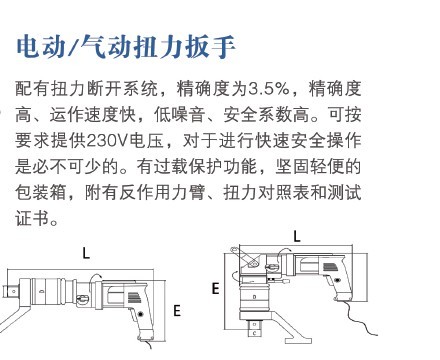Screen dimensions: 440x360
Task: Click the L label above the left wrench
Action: [x=86, y=253]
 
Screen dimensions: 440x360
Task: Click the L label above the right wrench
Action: [x=297, y=236]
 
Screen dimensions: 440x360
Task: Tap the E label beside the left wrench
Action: [x=177, y=311]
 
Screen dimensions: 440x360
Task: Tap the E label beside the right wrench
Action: [x=216, y=288]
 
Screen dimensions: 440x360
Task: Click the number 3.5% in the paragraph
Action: [x=269, y=89]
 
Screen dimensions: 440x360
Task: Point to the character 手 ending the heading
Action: [x=224, y=46]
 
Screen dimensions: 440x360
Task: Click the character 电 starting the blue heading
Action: [x=28, y=46]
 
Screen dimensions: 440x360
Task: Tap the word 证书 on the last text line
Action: [x=33, y=219]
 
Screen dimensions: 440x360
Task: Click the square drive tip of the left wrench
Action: [x=10, y=292]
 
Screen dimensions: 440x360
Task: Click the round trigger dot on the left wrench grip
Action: [x=140, y=314]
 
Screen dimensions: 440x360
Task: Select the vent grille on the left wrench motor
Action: [x=134, y=297]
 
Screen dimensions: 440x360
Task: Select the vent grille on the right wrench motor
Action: [x=329, y=267]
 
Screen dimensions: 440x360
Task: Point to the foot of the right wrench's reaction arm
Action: [x=298, y=341]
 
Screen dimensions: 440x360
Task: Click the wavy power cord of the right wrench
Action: [x=357, y=317]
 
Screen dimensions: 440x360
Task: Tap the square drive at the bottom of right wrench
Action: [x=255, y=327]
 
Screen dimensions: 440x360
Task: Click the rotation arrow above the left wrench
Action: [x=96, y=277]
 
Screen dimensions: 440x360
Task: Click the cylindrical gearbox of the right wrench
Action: [x=255, y=297]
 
